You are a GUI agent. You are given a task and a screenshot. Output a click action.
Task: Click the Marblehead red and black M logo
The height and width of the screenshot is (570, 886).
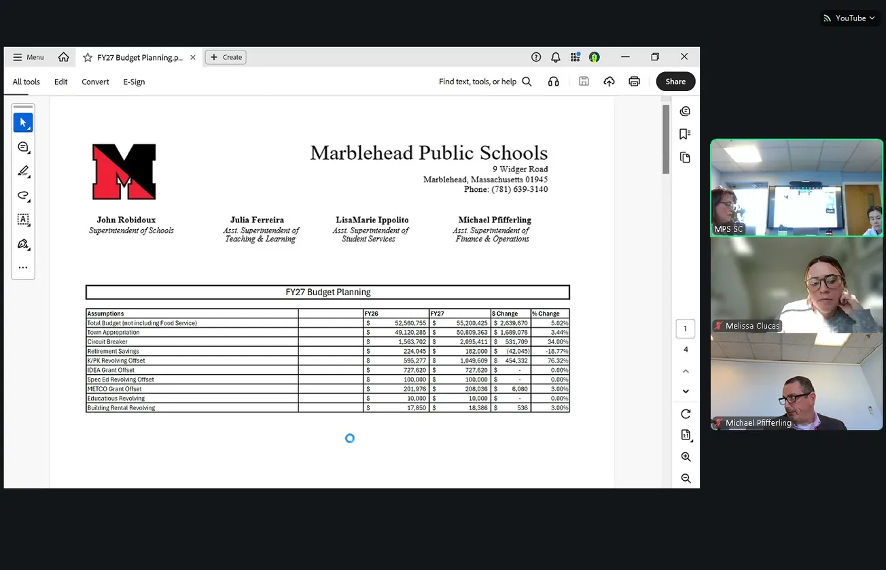pos(124,171)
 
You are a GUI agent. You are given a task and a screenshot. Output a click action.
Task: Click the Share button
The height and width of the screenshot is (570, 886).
pos(675,82)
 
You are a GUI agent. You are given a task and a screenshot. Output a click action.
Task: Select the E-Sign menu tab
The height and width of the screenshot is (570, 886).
pos(134,82)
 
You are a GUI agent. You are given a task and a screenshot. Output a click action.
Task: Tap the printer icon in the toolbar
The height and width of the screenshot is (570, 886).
pos(634,82)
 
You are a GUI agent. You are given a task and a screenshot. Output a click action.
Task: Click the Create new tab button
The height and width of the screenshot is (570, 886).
pos(226,57)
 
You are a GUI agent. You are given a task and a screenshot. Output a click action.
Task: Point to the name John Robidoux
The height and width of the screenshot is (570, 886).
pos(126,220)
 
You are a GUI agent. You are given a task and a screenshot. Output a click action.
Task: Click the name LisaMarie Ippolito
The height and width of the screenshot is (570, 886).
pos(372,220)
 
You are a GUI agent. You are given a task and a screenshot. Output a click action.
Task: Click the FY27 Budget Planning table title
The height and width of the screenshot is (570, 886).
pos(327,292)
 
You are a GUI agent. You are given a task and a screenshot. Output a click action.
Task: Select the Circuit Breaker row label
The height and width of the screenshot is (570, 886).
pos(107,342)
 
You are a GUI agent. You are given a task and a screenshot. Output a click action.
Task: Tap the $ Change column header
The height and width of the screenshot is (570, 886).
pos(506,314)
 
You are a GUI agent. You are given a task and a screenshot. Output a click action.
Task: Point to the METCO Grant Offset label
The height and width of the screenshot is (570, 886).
pos(114,389)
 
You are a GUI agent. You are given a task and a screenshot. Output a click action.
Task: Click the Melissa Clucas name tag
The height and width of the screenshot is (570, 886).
pos(751,326)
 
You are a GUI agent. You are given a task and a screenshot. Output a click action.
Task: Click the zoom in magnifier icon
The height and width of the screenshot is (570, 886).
pos(686,457)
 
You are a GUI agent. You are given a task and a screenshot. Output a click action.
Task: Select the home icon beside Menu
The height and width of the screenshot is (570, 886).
pos(64,57)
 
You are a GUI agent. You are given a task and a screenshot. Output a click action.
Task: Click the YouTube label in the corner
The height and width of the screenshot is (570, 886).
pos(850,18)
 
